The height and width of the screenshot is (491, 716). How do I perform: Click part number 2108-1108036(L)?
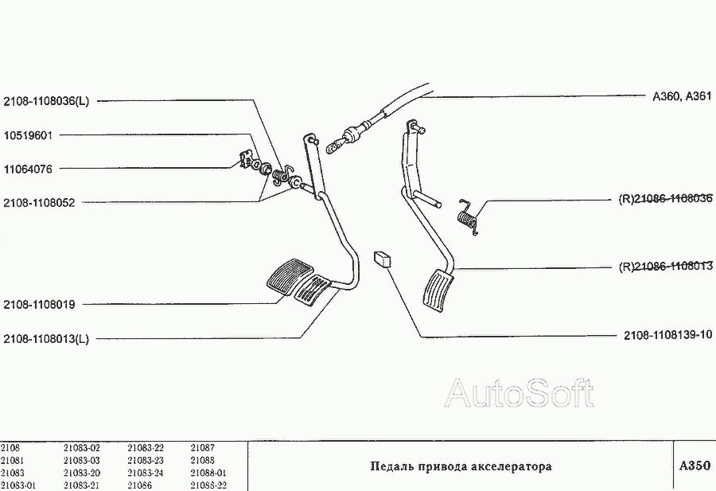tap(47, 101)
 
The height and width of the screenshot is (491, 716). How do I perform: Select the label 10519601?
tap(28, 135)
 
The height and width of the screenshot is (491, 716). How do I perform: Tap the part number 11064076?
tap(28, 169)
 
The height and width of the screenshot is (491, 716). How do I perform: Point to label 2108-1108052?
tap(39, 203)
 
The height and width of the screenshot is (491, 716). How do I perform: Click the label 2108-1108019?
tap(39, 304)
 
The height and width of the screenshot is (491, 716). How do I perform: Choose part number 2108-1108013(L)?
tap(47, 338)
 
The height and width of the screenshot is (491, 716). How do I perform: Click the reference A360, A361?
tap(681, 96)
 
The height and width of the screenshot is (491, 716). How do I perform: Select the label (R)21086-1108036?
tap(665, 199)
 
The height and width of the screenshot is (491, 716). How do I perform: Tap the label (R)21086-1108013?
tap(665, 267)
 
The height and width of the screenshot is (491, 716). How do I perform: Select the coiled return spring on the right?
tap(469, 215)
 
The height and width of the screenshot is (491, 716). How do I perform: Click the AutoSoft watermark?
tap(519, 393)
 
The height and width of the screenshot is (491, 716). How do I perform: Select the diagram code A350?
tap(694, 466)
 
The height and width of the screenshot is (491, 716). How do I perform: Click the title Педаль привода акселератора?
tap(461, 466)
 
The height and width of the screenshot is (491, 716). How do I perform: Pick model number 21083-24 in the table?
tap(145, 473)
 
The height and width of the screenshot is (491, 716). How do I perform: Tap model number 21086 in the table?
tap(139, 485)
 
